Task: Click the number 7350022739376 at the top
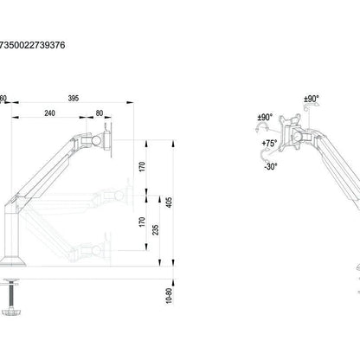32,45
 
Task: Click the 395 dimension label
74,98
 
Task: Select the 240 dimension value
50,113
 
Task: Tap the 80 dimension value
100,113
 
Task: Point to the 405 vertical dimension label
170,202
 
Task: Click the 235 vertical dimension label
156,229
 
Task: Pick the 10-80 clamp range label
170,295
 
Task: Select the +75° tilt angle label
269,143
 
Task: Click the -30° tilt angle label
270,166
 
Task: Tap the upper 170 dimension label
142,167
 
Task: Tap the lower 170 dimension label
142,222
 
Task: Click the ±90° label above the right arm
312,99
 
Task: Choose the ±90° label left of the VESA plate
265,118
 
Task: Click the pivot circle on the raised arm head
96,140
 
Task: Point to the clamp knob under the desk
11,312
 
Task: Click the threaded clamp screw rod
11,296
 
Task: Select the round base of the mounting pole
12,261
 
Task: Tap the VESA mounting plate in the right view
290,133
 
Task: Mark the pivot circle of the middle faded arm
119,196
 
